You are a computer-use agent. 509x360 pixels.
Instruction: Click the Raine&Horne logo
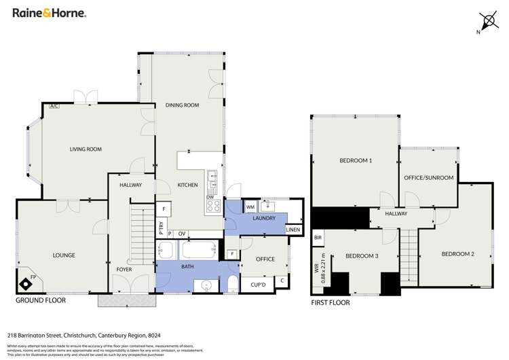click(x=45, y=14)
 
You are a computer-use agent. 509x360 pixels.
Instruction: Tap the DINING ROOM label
click(x=182, y=105)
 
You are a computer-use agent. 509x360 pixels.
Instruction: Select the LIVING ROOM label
click(x=86, y=149)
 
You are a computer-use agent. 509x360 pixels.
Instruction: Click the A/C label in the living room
click(x=54, y=106)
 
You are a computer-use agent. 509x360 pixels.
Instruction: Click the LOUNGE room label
click(x=63, y=255)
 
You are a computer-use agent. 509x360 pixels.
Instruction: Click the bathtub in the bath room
click(x=199, y=251)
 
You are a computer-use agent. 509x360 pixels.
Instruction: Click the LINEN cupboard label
click(x=293, y=230)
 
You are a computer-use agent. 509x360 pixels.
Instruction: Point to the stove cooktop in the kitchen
click(x=214, y=204)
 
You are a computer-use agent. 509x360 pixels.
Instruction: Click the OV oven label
click(x=182, y=234)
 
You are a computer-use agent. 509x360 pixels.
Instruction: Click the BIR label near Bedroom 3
click(x=318, y=238)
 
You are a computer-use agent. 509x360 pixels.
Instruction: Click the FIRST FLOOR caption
click(x=331, y=302)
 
